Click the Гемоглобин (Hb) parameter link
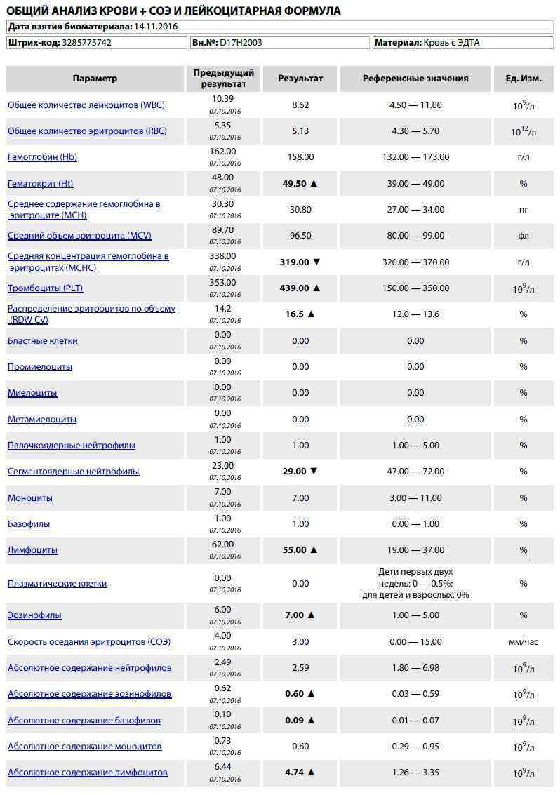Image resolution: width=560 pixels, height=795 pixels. tap(42, 157)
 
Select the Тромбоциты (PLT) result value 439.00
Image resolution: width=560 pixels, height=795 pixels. tap(294, 288)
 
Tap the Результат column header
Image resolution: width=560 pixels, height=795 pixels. tap(300, 79)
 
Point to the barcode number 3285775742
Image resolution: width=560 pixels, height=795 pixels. tap(86, 43)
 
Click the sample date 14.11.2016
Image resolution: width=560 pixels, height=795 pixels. tap(156, 26)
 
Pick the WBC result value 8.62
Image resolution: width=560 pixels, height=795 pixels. tap(300, 105)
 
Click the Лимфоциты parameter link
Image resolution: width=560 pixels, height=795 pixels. tap(32, 550)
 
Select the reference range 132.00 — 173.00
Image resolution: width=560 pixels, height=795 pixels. tap(415, 157)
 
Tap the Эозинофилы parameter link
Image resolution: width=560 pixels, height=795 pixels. tap(34, 615)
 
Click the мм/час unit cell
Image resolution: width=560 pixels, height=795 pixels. tap(524, 641)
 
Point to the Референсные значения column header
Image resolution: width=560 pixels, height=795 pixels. tap(415, 79)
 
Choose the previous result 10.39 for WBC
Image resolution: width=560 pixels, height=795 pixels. tap(223, 99)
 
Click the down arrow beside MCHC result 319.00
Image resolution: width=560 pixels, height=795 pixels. tap(316, 262)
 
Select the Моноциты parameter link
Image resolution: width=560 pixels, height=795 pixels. tap(30, 498)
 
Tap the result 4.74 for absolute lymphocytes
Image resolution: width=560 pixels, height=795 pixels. tap(294, 773)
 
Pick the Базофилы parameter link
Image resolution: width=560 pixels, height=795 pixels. tap(29, 524)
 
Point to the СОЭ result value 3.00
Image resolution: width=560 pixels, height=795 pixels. tap(300, 641)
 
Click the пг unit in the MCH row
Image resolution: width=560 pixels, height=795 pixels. tap(524, 210)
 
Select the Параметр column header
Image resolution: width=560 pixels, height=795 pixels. tap(95, 79)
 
